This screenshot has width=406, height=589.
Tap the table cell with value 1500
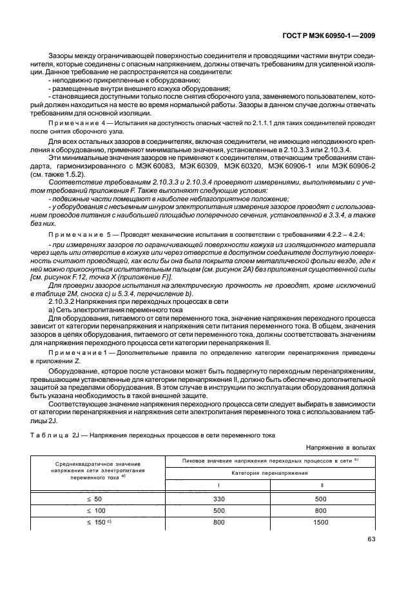[321, 522]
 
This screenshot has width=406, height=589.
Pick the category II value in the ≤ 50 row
[321, 499]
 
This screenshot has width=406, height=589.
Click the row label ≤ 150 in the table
[95, 522]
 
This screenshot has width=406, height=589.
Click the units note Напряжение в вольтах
[339, 446]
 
